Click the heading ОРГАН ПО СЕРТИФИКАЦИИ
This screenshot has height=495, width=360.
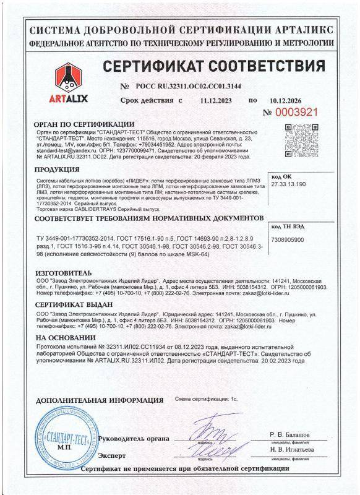[85, 124]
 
